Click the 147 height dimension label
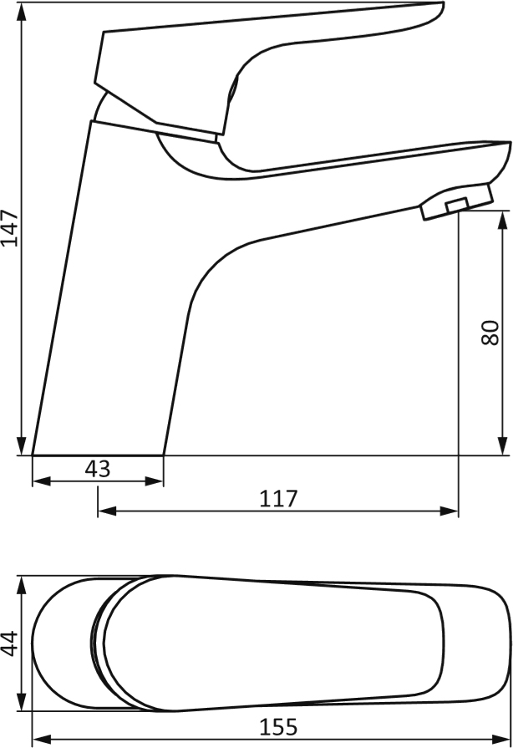[10, 227]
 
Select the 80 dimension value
[490, 333]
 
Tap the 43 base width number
[98, 469]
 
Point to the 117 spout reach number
[278, 498]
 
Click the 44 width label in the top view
[10, 644]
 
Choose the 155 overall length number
[278, 727]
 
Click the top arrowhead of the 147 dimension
[21, 12]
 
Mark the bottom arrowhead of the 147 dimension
[21, 446]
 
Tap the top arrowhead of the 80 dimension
[502, 221]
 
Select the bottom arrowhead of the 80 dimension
[502, 446]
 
